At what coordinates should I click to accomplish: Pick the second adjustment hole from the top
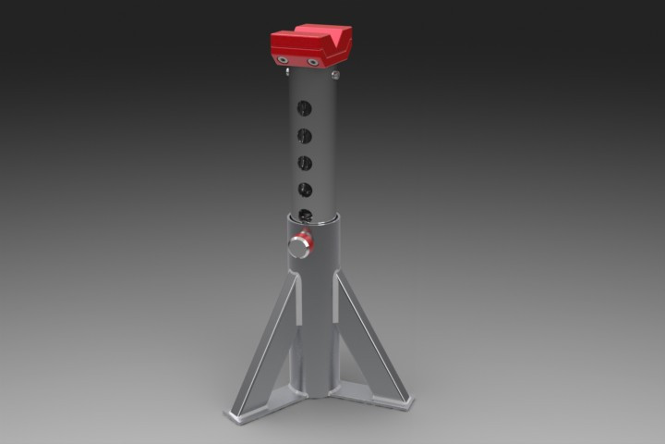(x=304, y=135)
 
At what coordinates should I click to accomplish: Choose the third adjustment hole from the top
(x=304, y=163)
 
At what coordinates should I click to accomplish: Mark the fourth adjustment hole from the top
(x=304, y=191)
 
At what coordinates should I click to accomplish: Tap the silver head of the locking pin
(x=297, y=247)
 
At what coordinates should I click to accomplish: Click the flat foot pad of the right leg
(x=400, y=405)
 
